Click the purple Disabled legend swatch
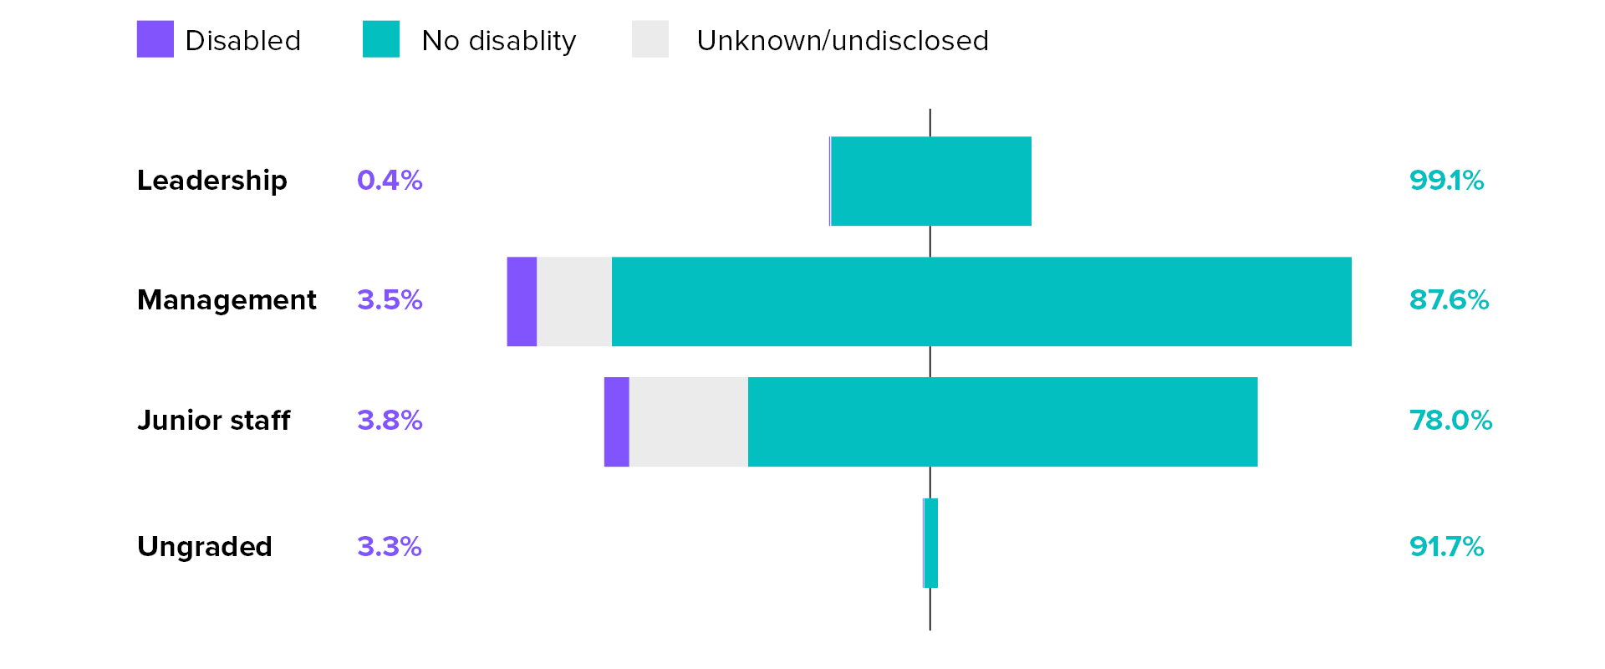click(x=155, y=39)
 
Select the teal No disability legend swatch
click(x=380, y=39)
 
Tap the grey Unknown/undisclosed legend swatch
click(x=650, y=39)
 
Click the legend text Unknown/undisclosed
click(x=842, y=41)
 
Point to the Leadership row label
click(x=211, y=181)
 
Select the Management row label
click(x=227, y=300)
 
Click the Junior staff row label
click(x=213, y=420)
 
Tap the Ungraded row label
click(x=204, y=546)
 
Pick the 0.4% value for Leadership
click(x=390, y=181)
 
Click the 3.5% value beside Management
click(x=390, y=300)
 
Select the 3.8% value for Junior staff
click(x=390, y=420)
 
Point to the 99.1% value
click(x=1446, y=181)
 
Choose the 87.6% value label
click(x=1449, y=300)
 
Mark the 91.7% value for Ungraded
click(x=1446, y=546)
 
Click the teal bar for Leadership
click(x=931, y=181)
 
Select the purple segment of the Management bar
click(x=522, y=301)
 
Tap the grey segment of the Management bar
click(x=574, y=301)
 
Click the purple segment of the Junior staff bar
click(x=616, y=421)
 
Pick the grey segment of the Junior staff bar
click(x=688, y=421)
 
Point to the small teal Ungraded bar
click(x=931, y=543)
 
